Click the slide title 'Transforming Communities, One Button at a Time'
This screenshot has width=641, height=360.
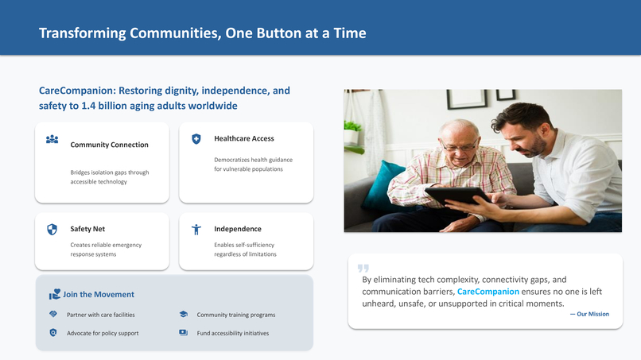[202, 33]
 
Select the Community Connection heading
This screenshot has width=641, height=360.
[109, 145]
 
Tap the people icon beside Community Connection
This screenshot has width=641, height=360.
[52, 139]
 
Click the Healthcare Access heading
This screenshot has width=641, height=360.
[243, 138]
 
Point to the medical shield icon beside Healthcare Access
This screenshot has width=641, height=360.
[196, 139]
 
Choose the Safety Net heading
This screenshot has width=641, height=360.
[87, 229]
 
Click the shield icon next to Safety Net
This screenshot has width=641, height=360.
[52, 230]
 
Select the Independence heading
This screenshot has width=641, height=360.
[237, 229]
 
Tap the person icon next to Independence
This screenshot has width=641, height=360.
[196, 230]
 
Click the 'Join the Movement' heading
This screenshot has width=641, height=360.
[99, 294]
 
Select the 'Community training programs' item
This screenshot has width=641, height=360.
[236, 315]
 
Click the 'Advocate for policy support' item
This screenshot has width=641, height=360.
[103, 333]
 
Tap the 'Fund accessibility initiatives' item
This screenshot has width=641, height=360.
[233, 333]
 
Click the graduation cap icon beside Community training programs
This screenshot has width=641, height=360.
[184, 315]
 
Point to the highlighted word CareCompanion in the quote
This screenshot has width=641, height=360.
[488, 292]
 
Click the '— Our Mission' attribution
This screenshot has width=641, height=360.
[589, 314]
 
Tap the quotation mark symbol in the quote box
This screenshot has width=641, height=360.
[363, 269]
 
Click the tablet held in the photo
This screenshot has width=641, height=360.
[456, 195]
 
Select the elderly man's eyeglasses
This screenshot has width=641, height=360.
[460, 146]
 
